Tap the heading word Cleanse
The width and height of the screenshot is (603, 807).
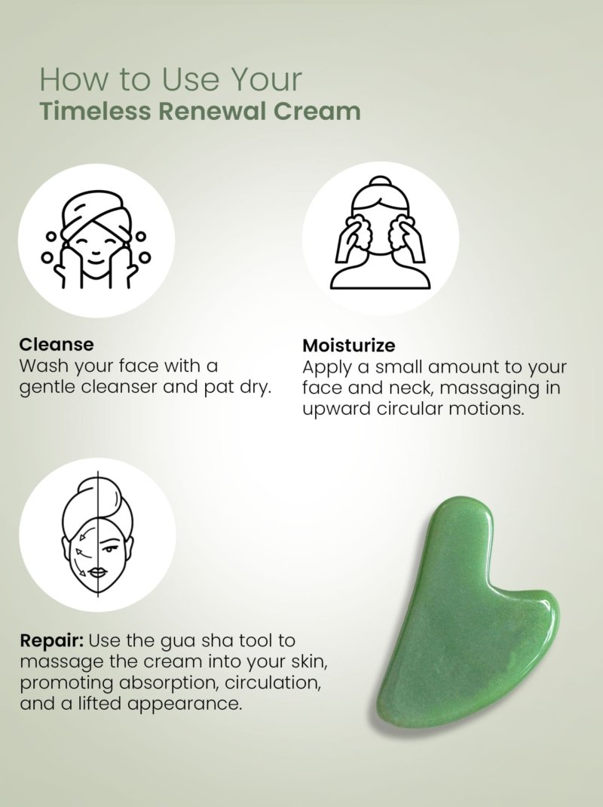57,345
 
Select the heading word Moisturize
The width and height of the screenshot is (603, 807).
348,345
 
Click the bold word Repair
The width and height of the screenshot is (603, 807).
51,641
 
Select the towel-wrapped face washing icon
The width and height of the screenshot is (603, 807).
96,240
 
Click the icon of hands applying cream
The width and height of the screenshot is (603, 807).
380,232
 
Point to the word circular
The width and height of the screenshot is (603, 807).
409,410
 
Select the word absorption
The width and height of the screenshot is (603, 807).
168,683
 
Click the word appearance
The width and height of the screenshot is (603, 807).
184,704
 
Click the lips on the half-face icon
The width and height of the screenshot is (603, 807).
98,572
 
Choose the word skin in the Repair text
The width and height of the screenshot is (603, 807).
309,662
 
